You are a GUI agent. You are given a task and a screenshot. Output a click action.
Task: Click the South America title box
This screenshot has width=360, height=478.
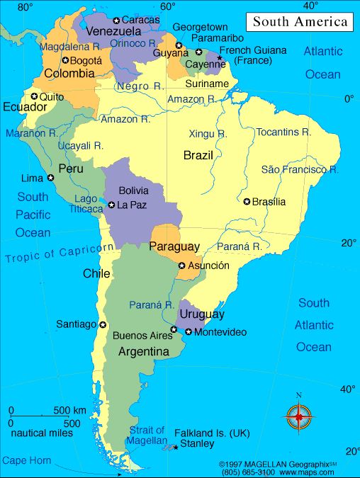point(301,22)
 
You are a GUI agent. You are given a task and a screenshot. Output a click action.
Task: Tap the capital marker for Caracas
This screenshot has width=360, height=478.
point(116,20)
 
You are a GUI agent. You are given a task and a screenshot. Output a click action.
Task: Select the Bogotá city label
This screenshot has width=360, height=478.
point(86,61)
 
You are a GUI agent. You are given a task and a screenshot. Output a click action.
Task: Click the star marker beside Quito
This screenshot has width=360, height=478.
point(33,96)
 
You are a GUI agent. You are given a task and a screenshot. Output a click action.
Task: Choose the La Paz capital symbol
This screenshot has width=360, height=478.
point(111,205)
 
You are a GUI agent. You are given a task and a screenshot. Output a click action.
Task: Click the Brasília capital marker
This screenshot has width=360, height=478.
point(247,202)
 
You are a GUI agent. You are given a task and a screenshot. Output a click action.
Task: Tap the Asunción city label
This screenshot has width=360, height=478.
point(209,266)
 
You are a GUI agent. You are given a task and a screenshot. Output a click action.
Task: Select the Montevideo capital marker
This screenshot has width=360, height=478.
point(189,332)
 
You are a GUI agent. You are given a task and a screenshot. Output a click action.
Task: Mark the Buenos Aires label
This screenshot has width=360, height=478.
point(142,335)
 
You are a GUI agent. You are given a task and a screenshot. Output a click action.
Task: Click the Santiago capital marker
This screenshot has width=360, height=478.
point(103,324)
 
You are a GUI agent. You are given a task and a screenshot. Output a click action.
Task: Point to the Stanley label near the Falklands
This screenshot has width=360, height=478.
point(196,444)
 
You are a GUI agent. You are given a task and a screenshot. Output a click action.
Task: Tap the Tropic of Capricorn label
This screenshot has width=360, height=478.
point(60,253)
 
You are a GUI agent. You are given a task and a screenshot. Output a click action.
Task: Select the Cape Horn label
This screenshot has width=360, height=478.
point(26,460)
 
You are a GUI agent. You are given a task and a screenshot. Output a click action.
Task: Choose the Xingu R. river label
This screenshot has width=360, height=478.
point(208,133)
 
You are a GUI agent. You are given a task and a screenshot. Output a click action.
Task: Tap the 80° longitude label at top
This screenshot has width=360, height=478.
point(26,7)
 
